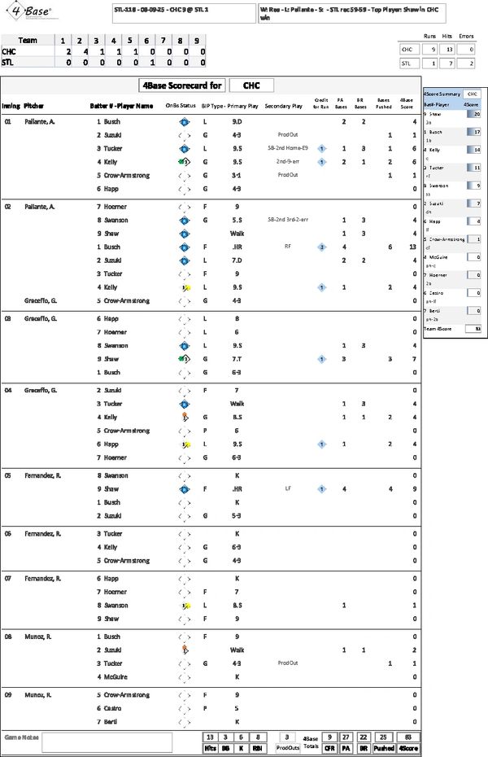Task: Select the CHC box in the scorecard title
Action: click(251, 85)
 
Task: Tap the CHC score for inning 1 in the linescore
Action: click(63, 50)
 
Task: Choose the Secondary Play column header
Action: click(284, 106)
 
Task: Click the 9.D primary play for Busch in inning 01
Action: click(237, 122)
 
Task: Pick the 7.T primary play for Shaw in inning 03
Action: click(237, 359)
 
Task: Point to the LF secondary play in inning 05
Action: click(288, 489)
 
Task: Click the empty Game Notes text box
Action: click(107, 742)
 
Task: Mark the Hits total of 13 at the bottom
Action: click(210, 736)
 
